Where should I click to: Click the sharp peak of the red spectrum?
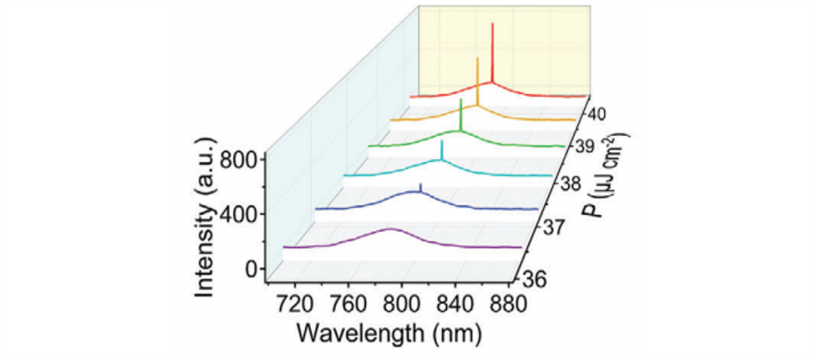pyautogui.click(x=492, y=25)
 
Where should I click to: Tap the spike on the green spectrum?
pyautogui.click(x=461, y=101)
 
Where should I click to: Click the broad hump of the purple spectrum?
pyautogui.click(x=391, y=229)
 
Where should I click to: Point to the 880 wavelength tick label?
pyautogui.click(x=508, y=305)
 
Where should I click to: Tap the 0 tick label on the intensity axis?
pyautogui.click(x=250, y=269)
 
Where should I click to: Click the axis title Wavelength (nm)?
pyautogui.click(x=389, y=331)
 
